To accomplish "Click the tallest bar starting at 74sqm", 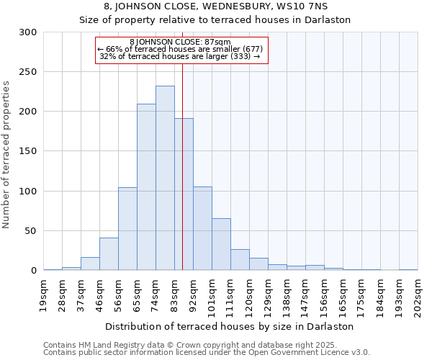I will [165, 178].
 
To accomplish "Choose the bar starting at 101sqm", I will [221, 244].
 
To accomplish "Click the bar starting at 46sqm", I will [109, 254].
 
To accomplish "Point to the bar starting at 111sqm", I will [240, 259].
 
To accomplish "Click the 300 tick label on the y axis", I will [28, 32].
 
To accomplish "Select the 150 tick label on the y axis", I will [28, 151].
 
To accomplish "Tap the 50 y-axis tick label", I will [31, 231].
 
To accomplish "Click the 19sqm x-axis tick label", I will [44, 293].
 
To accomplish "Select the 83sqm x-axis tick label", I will [175, 293].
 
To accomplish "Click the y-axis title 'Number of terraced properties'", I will [6, 155].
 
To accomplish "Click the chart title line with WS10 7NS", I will [216, 6].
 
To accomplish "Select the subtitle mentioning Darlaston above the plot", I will [216, 19].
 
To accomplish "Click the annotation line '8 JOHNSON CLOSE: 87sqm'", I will [181, 42].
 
